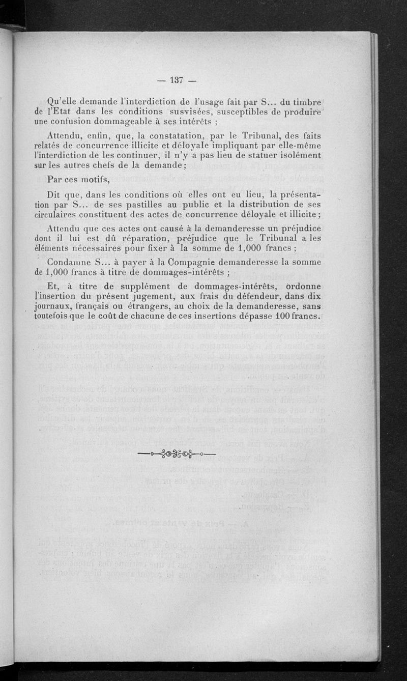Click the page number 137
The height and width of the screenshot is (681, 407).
pyautogui.click(x=177, y=79)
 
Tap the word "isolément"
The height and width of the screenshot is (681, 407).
pyautogui.click(x=299, y=154)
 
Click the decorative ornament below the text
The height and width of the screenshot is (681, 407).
pyautogui.click(x=177, y=453)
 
